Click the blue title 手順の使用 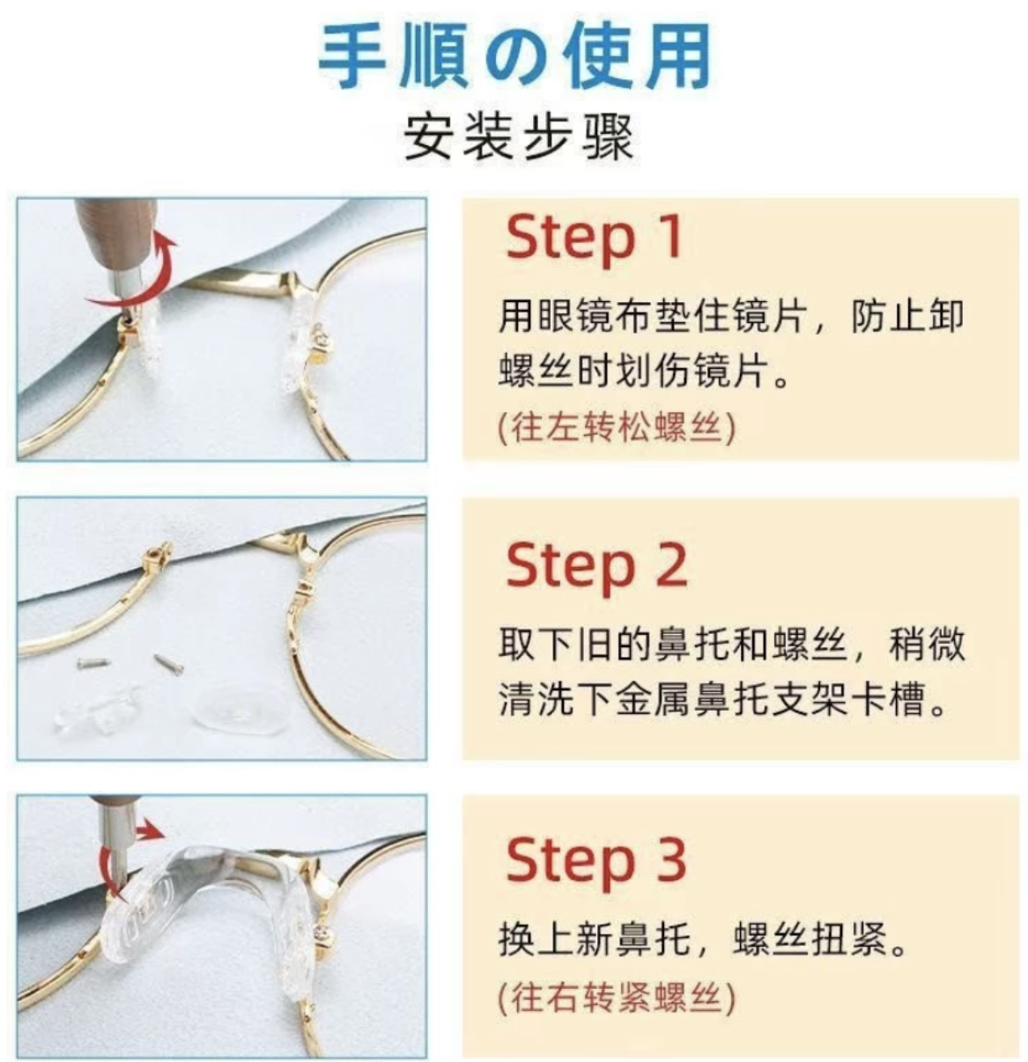[x=514, y=55]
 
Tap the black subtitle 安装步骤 [x=519, y=137]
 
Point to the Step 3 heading [x=596, y=861]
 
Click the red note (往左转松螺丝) [x=617, y=427]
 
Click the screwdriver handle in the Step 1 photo [x=115, y=229]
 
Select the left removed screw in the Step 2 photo [x=93, y=664]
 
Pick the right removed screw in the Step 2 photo [x=168, y=663]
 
